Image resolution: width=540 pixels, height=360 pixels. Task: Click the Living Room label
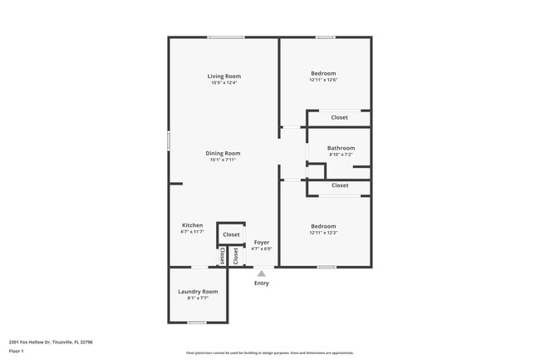[224, 76]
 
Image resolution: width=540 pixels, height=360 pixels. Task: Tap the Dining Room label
[223, 153]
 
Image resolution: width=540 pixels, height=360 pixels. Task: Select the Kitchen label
[192, 225]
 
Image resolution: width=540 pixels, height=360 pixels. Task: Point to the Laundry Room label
[198, 291]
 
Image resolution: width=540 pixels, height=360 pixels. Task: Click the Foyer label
[262, 242]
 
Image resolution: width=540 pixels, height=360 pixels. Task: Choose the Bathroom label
[341, 148]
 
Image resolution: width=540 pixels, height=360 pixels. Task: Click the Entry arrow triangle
[262, 273]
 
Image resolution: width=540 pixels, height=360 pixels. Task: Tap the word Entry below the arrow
[262, 284]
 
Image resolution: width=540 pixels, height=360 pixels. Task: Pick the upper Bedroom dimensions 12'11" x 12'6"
[323, 81]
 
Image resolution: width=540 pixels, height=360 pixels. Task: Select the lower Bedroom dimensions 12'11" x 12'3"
[323, 232]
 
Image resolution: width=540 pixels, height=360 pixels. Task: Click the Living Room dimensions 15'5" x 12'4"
[224, 82]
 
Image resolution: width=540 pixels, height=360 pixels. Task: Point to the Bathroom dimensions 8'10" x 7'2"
[341, 155]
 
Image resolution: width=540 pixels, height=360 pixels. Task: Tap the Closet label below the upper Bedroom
[339, 117]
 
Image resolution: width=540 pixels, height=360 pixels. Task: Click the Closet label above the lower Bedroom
[339, 185]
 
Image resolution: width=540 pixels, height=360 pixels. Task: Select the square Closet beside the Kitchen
[231, 234]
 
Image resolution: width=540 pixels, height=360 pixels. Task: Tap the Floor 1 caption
[17, 351]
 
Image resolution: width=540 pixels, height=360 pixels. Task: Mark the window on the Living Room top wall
[226, 37]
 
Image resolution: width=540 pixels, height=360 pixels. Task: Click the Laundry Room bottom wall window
[197, 322]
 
